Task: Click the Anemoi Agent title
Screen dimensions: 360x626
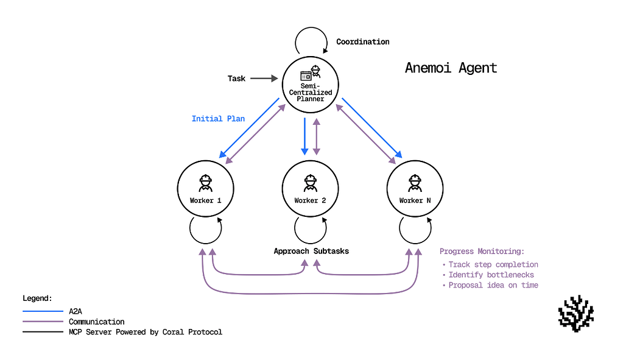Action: pos(451,68)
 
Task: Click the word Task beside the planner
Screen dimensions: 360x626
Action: pos(236,79)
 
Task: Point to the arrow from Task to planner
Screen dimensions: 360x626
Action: pos(263,79)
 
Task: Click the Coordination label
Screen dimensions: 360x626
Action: pos(362,42)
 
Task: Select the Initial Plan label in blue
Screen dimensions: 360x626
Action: pos(218,119)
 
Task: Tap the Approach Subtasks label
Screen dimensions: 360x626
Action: pos(311,251)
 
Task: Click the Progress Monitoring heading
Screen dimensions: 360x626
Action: pos(482,252)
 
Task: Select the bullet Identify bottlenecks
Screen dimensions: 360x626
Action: pos(491,275)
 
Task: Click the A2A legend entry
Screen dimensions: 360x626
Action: pos(76,311)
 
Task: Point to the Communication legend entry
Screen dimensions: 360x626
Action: pos(96,322)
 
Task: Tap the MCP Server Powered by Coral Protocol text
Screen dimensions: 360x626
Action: pos(146,332)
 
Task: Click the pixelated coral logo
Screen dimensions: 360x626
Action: pos(575,314)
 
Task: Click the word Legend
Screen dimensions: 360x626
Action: pos(38,298)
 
